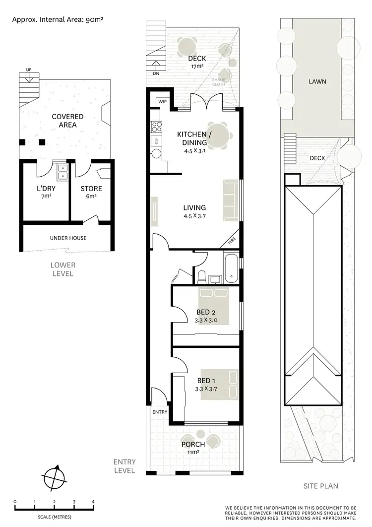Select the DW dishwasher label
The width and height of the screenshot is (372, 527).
(157, 141)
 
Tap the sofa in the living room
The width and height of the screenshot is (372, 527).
(231, 200)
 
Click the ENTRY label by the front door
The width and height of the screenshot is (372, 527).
(160, 412)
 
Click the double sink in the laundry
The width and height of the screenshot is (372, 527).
(63, 172)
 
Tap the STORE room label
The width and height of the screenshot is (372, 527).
(91, 189)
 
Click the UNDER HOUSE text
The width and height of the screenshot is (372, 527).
(68, 238)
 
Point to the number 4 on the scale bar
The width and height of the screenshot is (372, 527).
(93, 502)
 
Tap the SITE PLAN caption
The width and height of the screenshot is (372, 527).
(320, 486)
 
